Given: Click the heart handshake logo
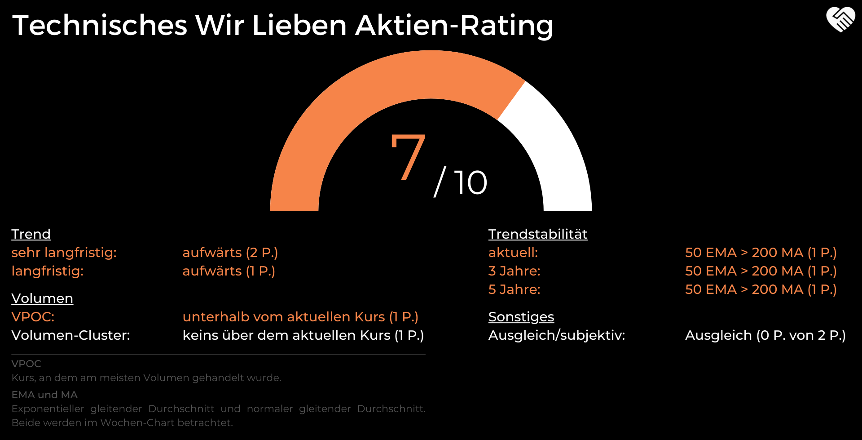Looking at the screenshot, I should pos(840,19).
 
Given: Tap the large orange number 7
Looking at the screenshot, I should pos(408,156).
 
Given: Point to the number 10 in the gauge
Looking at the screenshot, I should pos(470,182).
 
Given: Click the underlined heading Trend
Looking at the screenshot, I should pos(31,234).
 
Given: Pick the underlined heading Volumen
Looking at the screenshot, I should pos(42,298).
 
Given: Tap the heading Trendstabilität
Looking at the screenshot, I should pos(537,234).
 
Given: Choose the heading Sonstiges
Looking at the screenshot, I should pos(521,317).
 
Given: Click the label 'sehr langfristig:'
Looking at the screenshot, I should pos(64,253).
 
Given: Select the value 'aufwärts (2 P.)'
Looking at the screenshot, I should pos(230,253).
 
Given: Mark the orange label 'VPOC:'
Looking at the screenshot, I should pos(33,317).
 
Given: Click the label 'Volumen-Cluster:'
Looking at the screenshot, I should pos(70,335).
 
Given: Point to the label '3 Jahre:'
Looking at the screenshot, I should pos(514,271).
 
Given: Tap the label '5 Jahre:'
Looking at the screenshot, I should pos(514,289).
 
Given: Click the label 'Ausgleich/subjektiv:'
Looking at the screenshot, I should pos(556,335).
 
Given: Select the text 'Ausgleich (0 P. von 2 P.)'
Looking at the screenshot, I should pos(765,335).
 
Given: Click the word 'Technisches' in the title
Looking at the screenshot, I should pos(99,25).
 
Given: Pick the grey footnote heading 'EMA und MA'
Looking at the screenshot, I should pos(44,395).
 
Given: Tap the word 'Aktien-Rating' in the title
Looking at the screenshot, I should pos(454,25).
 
